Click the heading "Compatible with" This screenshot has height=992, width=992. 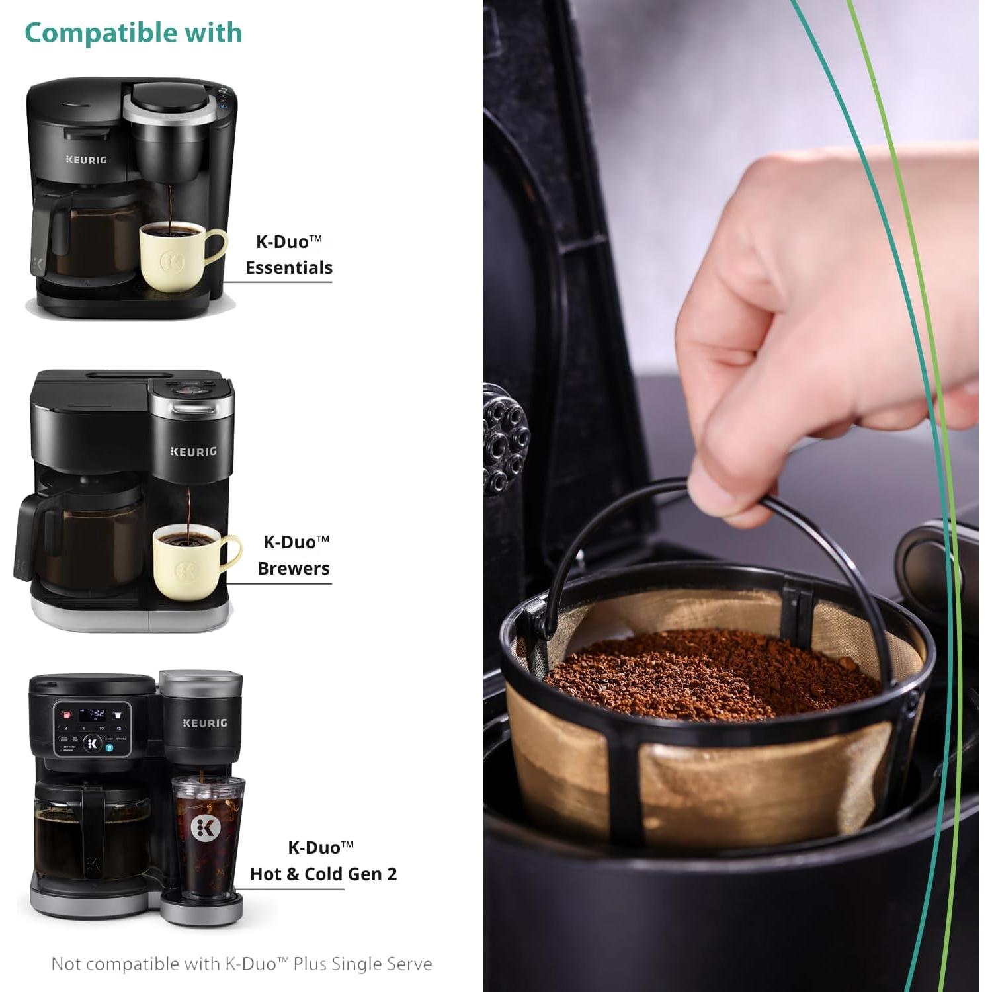pyautogui.click(x=133, y=33)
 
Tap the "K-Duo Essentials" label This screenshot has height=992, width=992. pyautogui.click(x=289, y=255)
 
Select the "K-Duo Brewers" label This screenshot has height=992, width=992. pyautogui.click(x=294, y=555)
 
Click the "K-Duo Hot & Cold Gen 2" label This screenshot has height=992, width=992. pyautogui.click(x=323, y=861)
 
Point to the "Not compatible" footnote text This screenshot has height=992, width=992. pyautogui.click(x=241, y=964)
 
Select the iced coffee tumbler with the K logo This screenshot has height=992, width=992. pyautogui.click(x=208, y=837)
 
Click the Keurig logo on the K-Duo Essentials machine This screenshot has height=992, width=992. pyautogui.click(x=86, y=160)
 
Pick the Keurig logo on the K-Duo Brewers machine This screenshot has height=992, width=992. pyautogui.click(x=193, y=452)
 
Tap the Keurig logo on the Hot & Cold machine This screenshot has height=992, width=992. pyautogui.click(x=204, y=723)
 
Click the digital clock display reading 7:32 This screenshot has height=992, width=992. pyautogui.click(x=92, y=714)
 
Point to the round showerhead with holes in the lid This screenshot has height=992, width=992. pyautogui.click(x=506, y=440)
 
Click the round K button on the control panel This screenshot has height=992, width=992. pyautogui.click(x=93, y=743)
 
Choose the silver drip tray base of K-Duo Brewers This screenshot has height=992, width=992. pyautogui.click(x=132, y=615)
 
